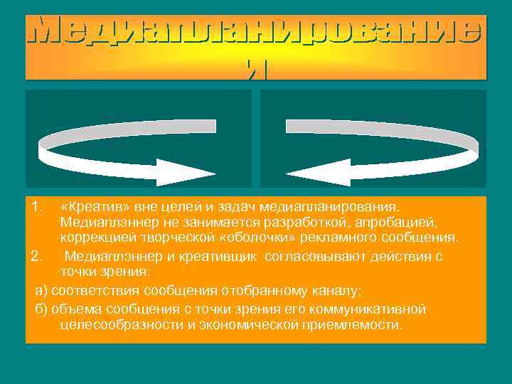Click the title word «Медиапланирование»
point(256,32)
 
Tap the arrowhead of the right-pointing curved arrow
point(178,172)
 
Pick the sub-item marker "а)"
point(42,290)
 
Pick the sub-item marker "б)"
point(42,309)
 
